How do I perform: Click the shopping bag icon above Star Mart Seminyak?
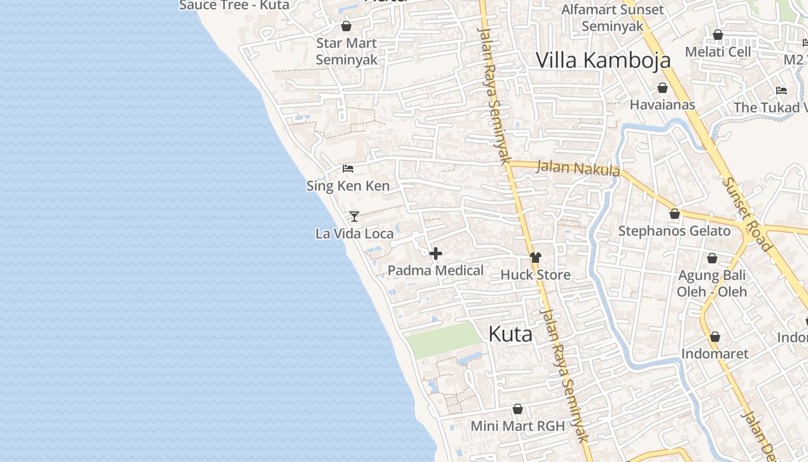pyautogui.click(x=346, y=26)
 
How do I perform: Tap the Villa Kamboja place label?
pyautogui.click(x=603, y=60)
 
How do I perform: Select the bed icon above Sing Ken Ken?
pyautogui.click(x=347, y=169)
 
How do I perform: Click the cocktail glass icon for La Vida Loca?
pyautogui.click(x=354, y=217)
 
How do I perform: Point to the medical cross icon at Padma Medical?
pyautogui.click(x=436, y=254)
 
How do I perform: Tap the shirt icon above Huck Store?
pyautogui.click(x=536, y=258)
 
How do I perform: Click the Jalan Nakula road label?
pyautogui.click(x=578, y=168)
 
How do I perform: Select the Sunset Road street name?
pyautogui.click(x=747, y=214)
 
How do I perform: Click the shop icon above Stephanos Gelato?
pyautogui.click(x=674, y=214)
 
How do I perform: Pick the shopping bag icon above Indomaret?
pyautogui.click(x=715, y=337)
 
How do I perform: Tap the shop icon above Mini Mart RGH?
pyautogui.click(x=518, y=409)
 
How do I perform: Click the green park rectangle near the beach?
pyautogui.click(x=443, y=340)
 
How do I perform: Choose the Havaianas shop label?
pyautogui.click(x=663, y=105)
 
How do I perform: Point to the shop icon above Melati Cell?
pyautogui.click(x=718, y=35)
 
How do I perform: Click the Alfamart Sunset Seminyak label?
pyautogui.click(x=612, y=18)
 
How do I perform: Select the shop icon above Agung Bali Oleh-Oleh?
pyautogui.click(x=712, y=258)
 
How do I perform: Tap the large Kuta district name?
pyautogui.click(x=510, y=334)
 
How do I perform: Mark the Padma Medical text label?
pyautogui.click(x=436, y=270)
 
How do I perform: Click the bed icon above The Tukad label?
pyautogui.click(x=781, y=91)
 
